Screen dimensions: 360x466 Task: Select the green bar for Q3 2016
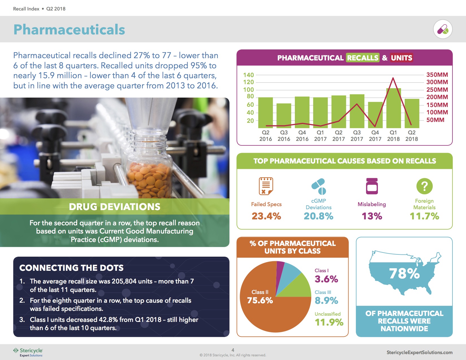coord(284,116)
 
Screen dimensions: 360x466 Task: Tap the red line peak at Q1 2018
coord(393,78)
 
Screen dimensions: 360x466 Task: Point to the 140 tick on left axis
coord(248,75)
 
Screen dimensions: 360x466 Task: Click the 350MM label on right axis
coord(437,75)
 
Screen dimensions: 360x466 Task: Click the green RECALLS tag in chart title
coord(363,58)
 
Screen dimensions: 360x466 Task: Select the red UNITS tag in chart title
coord(401,58)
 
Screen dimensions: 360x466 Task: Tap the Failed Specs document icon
coord(266,186)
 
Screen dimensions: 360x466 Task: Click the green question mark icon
coord(424,186)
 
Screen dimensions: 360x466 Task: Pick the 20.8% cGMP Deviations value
coord(318,216)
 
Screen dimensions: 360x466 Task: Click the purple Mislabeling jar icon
coord(372,186)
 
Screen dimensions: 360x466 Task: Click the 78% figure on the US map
coord(404,273)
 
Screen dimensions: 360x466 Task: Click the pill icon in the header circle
coord(443,29)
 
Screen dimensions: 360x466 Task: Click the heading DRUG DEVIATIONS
coord(114,207)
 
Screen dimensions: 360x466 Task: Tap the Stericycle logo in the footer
coord(28,352)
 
